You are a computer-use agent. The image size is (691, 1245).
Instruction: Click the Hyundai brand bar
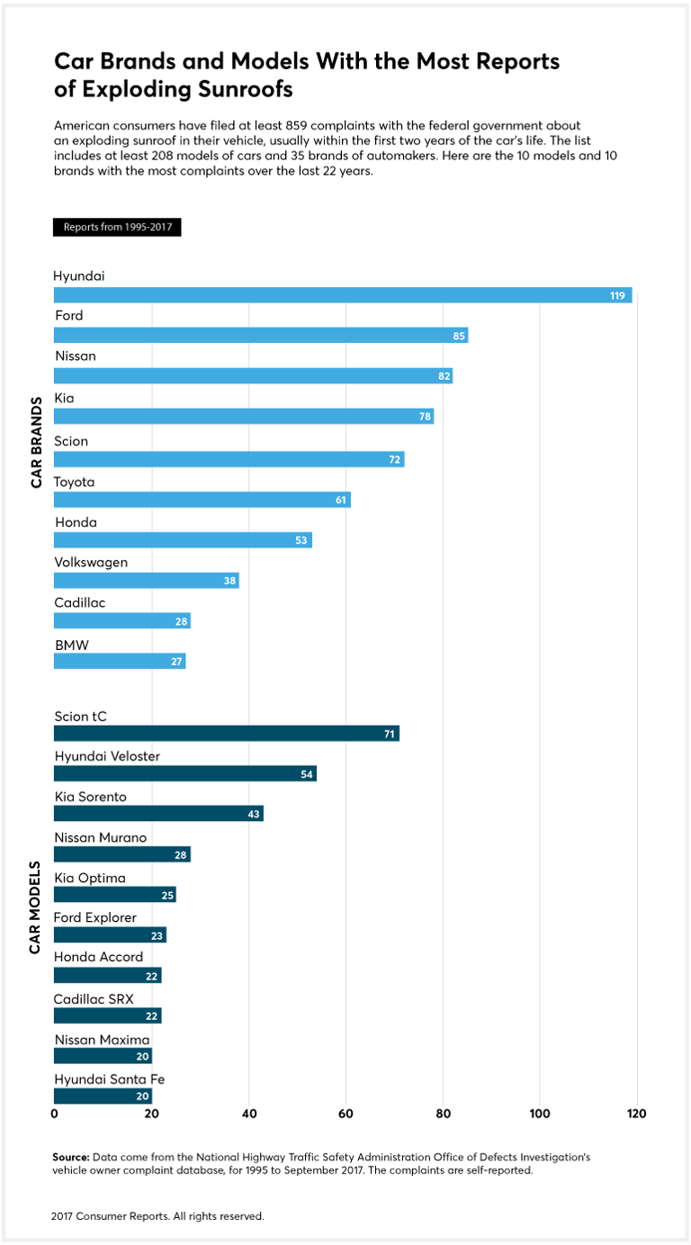[342, 295]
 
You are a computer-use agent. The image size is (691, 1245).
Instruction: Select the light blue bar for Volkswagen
[146, 581]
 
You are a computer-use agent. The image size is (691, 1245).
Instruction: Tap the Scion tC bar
[226, 734]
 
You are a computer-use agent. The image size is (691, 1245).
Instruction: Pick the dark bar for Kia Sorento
[158, 814]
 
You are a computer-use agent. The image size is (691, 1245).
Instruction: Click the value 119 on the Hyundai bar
[617, 295]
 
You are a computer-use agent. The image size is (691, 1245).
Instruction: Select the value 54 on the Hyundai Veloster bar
[307, 774]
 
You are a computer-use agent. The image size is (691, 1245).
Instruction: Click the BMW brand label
[72, 644]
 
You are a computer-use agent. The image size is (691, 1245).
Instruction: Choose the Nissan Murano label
[100, 838]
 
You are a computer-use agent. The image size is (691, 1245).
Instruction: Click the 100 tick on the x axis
[540, 1114]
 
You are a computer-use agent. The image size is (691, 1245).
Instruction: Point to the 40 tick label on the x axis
[249, 1114]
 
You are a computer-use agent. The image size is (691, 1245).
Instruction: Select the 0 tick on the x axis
[55, 1114]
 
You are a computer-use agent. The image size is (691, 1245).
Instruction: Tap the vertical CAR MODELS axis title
[37, 905]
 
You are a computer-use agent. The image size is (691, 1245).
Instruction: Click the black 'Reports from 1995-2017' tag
[117, 227]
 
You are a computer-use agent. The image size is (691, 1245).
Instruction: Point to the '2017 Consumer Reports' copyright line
[157, 1215]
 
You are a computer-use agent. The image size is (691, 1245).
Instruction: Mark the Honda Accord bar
[108, 975]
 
